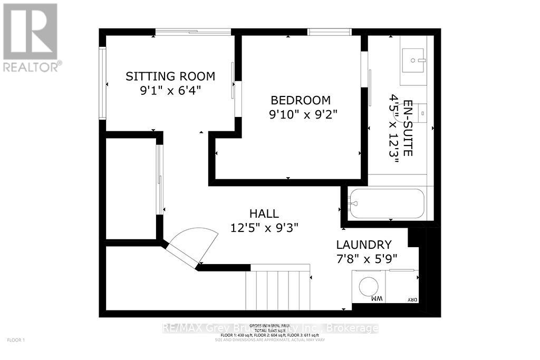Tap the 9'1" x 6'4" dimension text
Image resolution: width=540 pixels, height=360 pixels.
pos(170,90)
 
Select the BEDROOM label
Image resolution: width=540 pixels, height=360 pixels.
pos(301,100)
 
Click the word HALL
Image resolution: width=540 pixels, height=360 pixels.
pos(264,213)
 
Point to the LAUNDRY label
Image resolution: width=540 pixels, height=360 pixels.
pos(364,245)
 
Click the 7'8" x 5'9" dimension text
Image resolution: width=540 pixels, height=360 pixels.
pos(367,258)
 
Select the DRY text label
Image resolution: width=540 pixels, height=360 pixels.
pos(412,300)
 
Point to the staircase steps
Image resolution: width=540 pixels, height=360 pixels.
pos(279,289)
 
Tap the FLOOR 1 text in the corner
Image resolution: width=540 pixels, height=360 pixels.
pos(16,340)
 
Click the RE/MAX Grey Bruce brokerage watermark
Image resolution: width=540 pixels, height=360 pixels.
pos(270,328)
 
